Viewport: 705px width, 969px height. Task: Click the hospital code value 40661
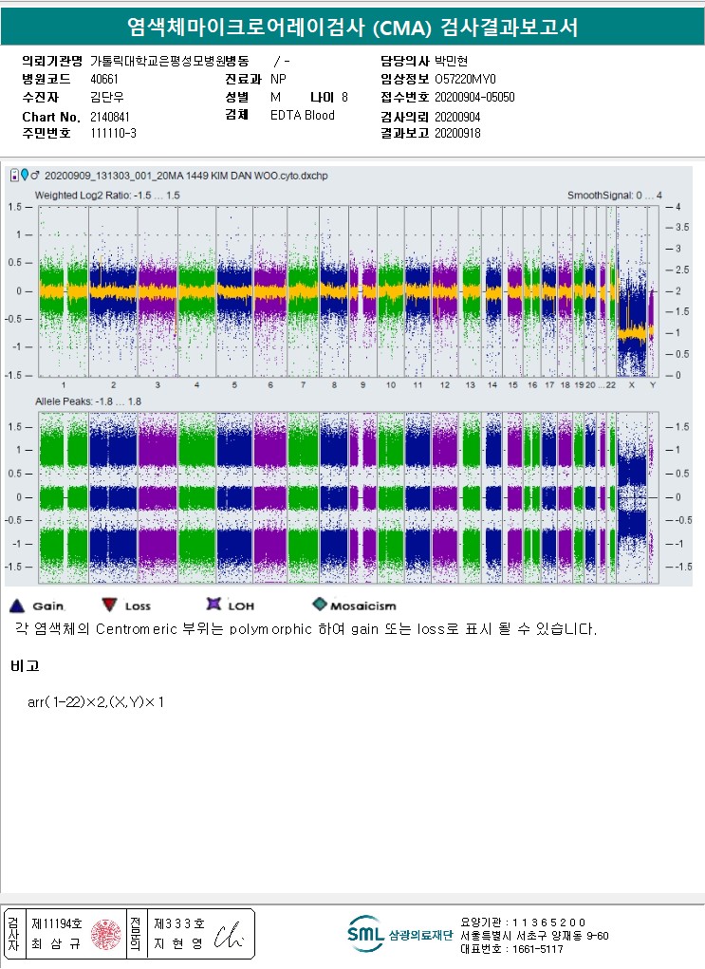pyautogui.click(x=104, y=80)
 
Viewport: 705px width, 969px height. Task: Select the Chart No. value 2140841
pyautogui.click(x=110, y=116)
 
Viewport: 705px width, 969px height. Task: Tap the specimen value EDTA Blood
pyautogui.click(x=303, y=116)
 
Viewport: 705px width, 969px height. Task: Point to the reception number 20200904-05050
pyautogui.click(x=474, y=98)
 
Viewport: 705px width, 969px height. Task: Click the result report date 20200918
pyautogui.click(x=457, y=134)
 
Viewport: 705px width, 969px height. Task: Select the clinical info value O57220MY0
pyautogui.click(x=466, y=80)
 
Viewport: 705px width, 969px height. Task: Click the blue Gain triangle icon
pyautogui.click(x=15, y=605)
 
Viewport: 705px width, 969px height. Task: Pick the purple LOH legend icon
pyautogui.click(x=213, y=605)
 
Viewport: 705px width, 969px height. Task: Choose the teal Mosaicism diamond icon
pyautogui.click(x=319, y=605)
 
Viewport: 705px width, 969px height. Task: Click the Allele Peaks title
pyautogui.click(x=88, y=401)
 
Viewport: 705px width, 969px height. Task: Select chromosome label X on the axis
pyautogui.click(x=631, y=385)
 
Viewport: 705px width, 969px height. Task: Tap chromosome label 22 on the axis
pyautogui.click(x=610, y=385)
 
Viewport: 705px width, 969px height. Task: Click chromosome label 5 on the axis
pyautogui.click(x=233, y=385)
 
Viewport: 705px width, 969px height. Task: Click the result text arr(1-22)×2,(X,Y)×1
pyautogui.click(x=97, y=701)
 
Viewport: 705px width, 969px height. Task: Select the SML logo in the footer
pyautogui.click(x=365, y=934)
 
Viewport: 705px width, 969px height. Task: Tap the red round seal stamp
pyautogui.click(x=104, y=934)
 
